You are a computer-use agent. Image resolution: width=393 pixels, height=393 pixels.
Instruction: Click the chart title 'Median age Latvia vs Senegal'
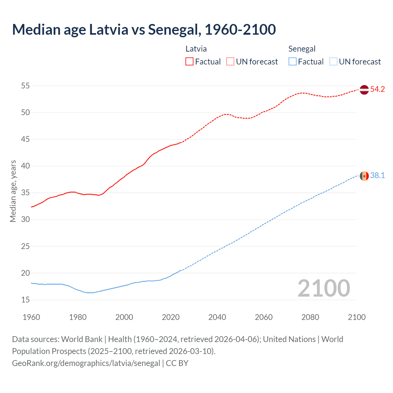click(144, 29)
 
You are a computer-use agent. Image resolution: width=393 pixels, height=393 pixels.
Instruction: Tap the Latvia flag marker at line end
click(364, 90)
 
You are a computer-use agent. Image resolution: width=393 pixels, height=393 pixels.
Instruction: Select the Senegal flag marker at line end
click(364, 176)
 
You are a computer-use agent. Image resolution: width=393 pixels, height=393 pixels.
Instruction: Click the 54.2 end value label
click(377, 89)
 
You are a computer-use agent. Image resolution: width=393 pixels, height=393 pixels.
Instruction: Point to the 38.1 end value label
click(377, 176)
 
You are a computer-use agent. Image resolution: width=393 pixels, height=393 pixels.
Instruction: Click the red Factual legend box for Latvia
click(189, 62)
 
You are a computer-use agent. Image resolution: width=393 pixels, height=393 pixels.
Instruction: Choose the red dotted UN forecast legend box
click(230, 62)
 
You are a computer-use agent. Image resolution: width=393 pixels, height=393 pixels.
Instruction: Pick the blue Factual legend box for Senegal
click(293, 62)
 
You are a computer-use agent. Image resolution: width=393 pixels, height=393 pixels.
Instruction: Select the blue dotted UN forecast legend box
click(333, 62)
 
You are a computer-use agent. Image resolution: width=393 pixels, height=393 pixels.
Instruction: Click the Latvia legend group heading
click(196, 49)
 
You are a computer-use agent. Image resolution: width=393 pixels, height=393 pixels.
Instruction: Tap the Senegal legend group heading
click(302, 49)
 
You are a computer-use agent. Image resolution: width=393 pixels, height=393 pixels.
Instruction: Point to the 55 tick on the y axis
click(25, 86)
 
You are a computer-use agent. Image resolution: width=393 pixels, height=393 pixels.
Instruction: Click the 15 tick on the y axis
click(25, 300)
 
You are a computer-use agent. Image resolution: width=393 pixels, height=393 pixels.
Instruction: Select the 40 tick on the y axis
click(25, 166)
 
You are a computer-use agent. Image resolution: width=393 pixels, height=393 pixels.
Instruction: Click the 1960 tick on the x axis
click(31, 317)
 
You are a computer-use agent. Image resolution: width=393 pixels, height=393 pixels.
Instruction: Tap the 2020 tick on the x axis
click(171, 317)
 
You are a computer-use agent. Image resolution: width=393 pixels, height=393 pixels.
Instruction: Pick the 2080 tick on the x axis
click(310, 317)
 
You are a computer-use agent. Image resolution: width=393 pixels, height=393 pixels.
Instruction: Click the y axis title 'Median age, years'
click(13, 191)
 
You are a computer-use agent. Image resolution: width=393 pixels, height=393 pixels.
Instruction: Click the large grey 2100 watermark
click(324, 288)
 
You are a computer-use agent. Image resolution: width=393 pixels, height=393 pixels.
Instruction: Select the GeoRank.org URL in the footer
click(86, 363)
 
